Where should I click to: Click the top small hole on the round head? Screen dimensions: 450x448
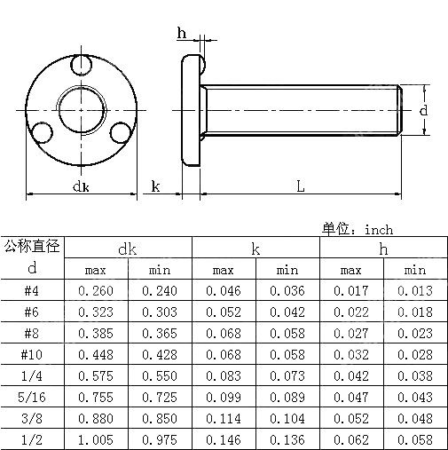[83, 67]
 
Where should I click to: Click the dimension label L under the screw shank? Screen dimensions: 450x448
[301, 186]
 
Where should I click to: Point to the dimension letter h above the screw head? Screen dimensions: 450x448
[182, 34]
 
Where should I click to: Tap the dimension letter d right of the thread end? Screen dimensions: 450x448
[424, 110]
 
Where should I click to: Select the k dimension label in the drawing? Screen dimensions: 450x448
[154, 186]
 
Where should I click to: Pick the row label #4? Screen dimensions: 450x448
[32, 291]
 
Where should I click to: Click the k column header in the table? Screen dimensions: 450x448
[255, 249]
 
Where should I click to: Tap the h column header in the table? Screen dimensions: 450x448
[383, 249]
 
